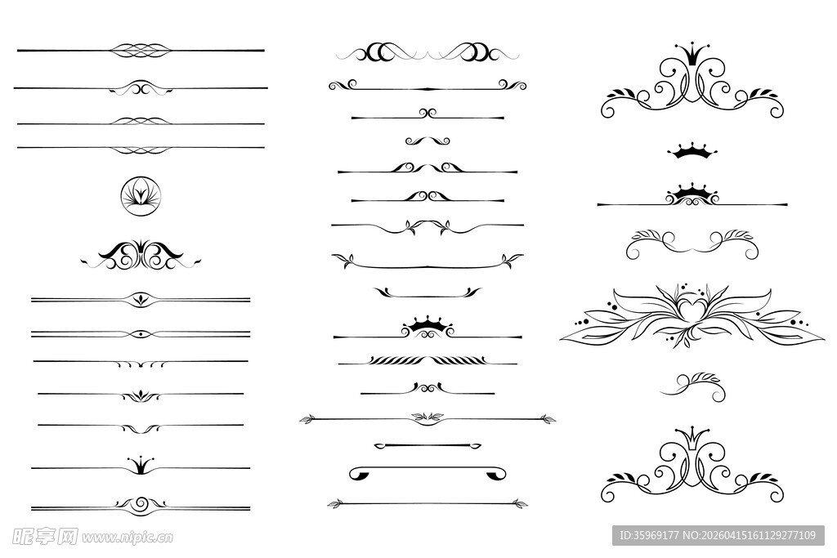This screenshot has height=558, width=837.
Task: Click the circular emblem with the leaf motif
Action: pyautogui.click(x=141, y=196)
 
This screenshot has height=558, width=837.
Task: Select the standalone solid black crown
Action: pyautogui.click(x=692, y=151)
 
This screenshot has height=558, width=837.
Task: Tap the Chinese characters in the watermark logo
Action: pyautogui.click(x=45, y=536)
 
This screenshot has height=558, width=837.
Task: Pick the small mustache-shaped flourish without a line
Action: pyautogui.click(x=427, y=141)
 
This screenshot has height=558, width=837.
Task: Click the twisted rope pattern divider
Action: pyautogui.click(x=427, y=360)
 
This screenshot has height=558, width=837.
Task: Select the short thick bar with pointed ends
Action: pyautogui.click(x=427, y=445)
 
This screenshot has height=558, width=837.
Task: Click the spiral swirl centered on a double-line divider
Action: pyautogui.click(x=141, y=503)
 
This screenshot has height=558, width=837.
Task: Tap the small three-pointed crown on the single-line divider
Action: pyautogui.click(x=141, y=465)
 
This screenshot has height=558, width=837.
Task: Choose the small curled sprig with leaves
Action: pyautogui.click(x=693, y=386)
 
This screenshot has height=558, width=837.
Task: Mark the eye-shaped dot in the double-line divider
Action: pyautogui.click(x=141, y=334)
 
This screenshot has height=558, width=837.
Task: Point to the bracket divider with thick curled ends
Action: pyautogui.click(x=427, y=473)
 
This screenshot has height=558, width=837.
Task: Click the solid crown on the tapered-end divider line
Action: pyautogui.click(x=692, y=194)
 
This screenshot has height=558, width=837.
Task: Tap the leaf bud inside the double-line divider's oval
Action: pyautogui.click(x=141, y=299)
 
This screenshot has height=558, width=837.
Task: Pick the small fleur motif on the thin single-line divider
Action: pyautogui.click(x=141, y=395)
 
